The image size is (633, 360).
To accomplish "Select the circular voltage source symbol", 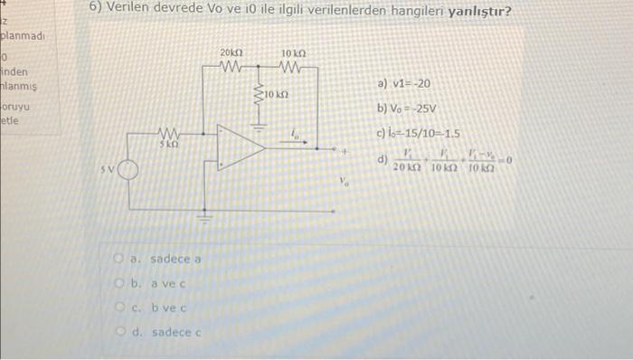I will click(x=128, y=170).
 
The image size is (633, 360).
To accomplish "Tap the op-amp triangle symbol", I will click(x=241, y=147).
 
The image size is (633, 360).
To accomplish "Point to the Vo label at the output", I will click(x=344, y=180).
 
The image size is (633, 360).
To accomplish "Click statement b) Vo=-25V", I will click(x=407, y=109).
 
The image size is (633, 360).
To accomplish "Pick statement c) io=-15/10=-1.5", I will click(x=418, y=134).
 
